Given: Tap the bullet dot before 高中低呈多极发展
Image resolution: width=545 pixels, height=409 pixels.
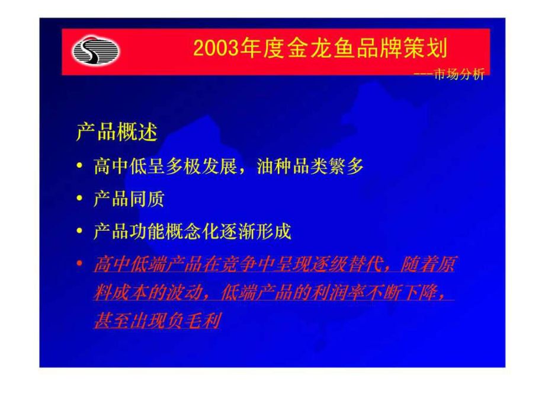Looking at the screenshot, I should [x=80, y=168].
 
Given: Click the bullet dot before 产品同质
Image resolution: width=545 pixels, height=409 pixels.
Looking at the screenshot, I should [x=80, y=200].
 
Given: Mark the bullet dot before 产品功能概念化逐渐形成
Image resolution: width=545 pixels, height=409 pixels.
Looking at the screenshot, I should [x=80, y=232].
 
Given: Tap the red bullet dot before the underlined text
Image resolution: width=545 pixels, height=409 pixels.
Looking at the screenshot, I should [x=80, y=264].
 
